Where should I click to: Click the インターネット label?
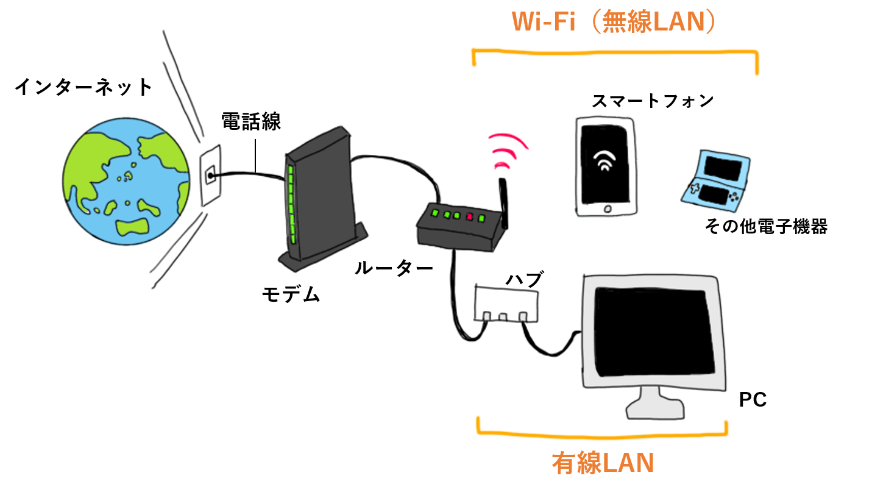coord(83,87)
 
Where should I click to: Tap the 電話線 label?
coord(251,121)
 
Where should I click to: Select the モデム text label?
coord(291,294)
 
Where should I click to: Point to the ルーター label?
coord(394,268)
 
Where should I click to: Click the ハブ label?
coord(524,279)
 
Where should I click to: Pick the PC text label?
coord(753,399)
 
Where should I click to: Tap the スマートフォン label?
coord(653,101)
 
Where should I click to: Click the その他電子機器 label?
coord(766,226)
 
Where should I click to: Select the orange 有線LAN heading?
coord(603,463)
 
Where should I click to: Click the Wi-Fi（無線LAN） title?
coord(614,22)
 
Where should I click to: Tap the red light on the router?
coord(469,217)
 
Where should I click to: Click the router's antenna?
coord(504,203)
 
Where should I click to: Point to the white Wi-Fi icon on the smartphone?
coord(604,160)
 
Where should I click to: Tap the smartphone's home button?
coord(608,209)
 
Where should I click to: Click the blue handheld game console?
coord(715,180)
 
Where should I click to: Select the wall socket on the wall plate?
coord(211,176)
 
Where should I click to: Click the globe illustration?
coord(126,182)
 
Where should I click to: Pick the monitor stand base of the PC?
coord(655,410)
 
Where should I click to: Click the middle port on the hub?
coord(503,317)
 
